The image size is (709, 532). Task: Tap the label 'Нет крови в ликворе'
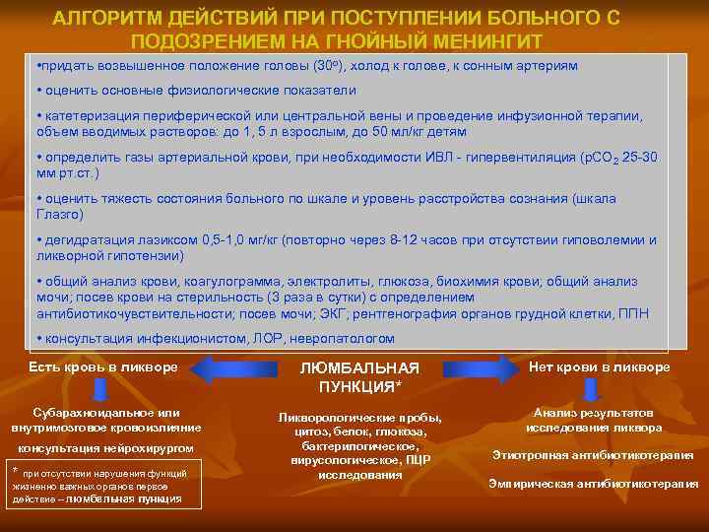click(x=599, y=367)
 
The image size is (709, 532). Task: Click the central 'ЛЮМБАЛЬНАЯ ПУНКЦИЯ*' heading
click(x=359, y=375)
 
